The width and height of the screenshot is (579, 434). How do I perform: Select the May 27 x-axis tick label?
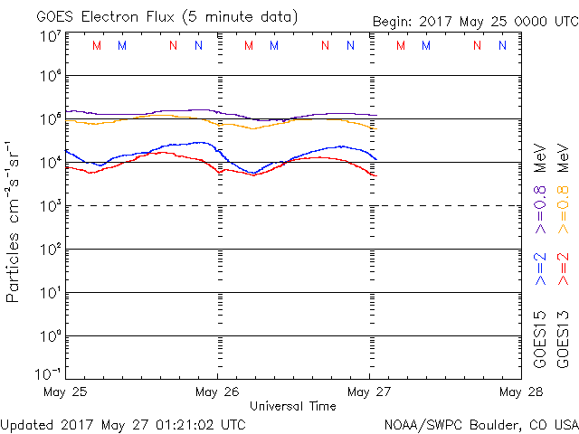coord(368,392)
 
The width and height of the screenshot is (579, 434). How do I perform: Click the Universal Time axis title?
coord(293,406)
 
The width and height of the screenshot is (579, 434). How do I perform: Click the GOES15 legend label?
coord(540,340)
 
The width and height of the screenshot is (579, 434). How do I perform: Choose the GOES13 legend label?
coord(563,340)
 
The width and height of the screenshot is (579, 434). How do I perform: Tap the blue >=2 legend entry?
coord(540,269)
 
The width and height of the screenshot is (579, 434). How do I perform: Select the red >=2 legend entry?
coord(564,269)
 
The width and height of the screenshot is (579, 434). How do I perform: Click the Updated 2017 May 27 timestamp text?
coord(123,423)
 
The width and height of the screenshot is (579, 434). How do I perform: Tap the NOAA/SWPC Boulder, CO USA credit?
coord(480,423)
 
